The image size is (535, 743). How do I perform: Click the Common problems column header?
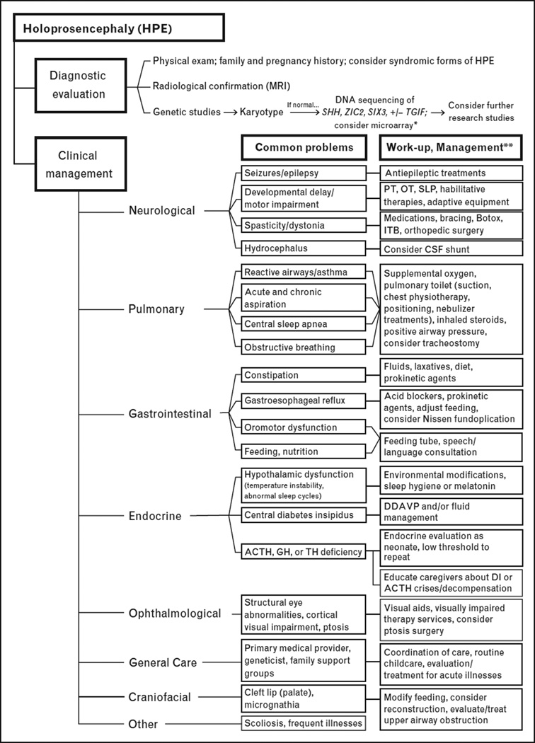(x=303, y=148)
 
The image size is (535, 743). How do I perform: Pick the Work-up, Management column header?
(x=449, y=148)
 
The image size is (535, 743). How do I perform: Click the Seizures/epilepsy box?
(x=302, y=173)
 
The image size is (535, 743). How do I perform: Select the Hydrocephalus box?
(x=302, y=249)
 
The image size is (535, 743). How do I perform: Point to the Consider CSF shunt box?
(x=451, y=249)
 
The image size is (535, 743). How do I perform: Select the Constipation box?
(x=302, y=374)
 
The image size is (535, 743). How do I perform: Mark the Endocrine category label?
(x=156, y=517)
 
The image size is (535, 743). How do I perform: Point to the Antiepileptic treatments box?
(x=451, y=173)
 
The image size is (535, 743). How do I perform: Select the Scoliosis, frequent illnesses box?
(x=302, y=723)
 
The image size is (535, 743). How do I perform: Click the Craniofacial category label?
(x=161, y=697)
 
